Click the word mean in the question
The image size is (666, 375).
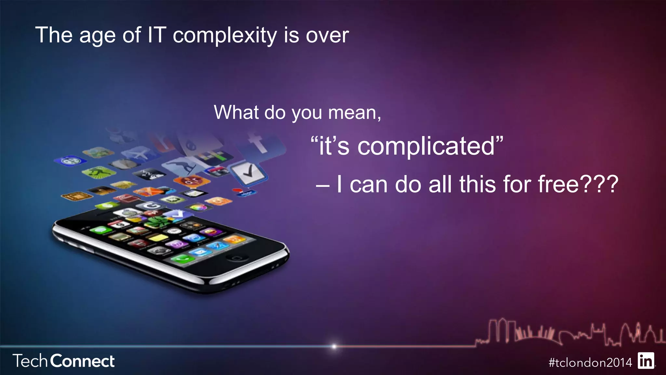[353, 113]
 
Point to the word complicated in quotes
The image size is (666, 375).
[426, 146]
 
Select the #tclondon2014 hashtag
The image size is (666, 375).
[590, 362]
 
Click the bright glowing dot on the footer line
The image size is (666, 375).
[334, 346]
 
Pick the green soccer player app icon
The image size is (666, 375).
[98, 172]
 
